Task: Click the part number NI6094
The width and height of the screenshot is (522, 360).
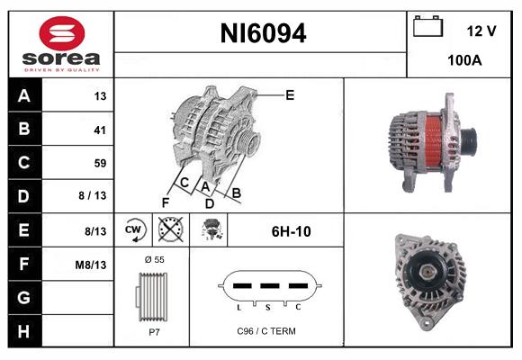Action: pyautogui.click(x=263, y=34)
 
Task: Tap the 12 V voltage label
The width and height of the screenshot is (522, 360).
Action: pyautogui.click(x=481, y=31)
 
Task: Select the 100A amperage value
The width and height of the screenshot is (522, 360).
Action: pyautogui.click(x=463, y=62)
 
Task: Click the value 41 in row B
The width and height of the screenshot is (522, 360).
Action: pyautogui.click(x=99, y=130)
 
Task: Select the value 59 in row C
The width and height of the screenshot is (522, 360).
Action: pyautogui.click(x=99, y=163)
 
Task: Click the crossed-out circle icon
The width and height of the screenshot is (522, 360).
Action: pyautogui.click(x=169, y=230)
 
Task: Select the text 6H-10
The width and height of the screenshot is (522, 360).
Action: pyautogui.click(x=291, y=231)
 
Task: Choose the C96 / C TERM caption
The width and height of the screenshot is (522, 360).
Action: pyautogui.click(x=265, y=331)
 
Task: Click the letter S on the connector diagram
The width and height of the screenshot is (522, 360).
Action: pyautogui.click(x=266, y=307)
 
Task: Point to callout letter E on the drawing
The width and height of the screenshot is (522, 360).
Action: pyautogui.click(x=290, y=94)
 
